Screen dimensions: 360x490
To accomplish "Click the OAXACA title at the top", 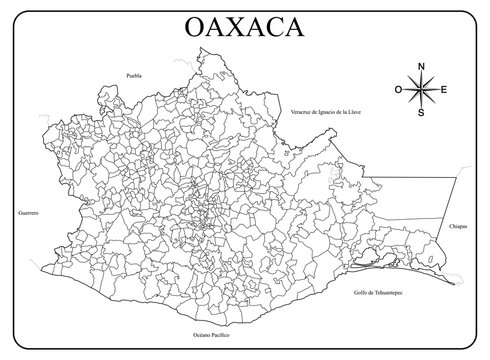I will tap(245, 28).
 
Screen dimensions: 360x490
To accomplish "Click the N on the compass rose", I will tap(421, 66).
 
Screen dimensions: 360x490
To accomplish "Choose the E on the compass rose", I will tap(445, 90).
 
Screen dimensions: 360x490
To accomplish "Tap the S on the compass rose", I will tap(421, 113).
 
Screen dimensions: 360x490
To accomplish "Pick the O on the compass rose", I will tap(398, 90).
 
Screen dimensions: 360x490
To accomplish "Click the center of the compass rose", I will tap(421, 90).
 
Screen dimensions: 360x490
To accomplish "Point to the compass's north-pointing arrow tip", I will tap(421, 73).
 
